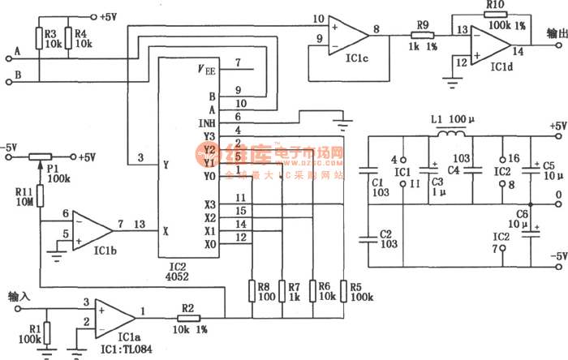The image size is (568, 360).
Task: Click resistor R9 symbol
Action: coord(422,35)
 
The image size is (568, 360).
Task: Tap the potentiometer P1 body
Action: coord(41,156)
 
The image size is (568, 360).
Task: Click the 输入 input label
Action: coord(19,296)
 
